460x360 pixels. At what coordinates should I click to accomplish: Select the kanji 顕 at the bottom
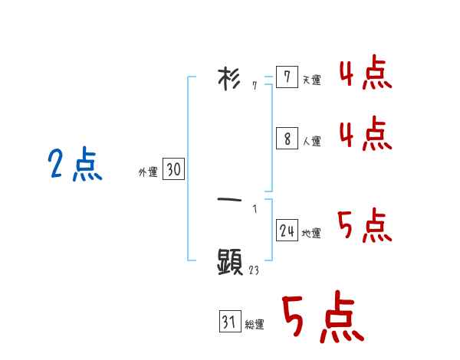point(230,263)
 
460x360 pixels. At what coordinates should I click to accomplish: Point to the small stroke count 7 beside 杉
point(255,86)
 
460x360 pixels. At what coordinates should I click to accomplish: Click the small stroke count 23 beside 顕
point(254,270)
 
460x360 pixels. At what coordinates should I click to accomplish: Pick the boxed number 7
point(286,77)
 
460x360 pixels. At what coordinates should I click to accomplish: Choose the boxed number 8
point(287,139)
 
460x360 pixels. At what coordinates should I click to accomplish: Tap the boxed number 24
point(287,230)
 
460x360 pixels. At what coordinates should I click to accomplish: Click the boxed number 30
point(173,169)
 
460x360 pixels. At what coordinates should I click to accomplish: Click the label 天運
point(311,80)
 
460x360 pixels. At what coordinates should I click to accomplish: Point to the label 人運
point(311,142)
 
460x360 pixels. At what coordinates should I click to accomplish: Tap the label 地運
point(311,234)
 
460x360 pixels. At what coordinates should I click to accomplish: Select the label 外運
point(148,173)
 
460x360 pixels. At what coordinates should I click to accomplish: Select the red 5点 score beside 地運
point(365,225)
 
